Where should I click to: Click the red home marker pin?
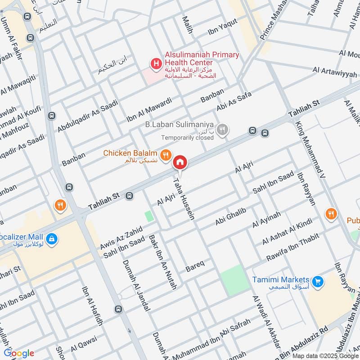click(x=180, y=162)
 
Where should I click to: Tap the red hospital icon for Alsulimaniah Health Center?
click(x=156, y=64)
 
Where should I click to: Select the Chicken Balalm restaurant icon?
click(x=166, y=155)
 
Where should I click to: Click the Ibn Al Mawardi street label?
click(x=149, y=110)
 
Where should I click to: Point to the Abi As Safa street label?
click(x=234, y=100)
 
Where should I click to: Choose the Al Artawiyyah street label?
click(x=335, y=73)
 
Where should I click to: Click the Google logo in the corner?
click(x=19, y=353)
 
